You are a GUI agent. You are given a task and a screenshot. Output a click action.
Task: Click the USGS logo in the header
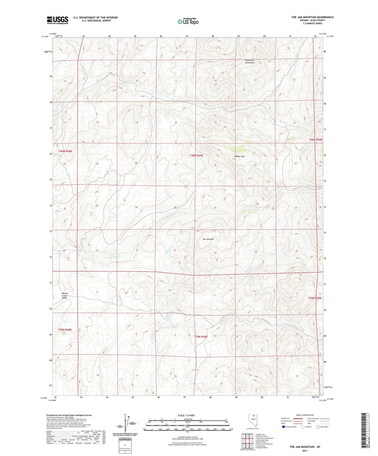click(x=57, y=20)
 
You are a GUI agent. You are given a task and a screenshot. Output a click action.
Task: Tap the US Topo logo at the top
click(x=188, y=21)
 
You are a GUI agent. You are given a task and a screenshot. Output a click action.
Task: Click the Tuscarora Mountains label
click(x=250, y=61)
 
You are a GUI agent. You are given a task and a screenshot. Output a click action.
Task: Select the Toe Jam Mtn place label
click(x=208, y=239)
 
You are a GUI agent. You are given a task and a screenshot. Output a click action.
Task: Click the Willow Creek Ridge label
click(x=65, y=296)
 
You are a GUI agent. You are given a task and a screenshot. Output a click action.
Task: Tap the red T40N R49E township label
click(x=196, y=156)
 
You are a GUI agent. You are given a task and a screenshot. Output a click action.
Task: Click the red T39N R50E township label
click(x=314, y=298)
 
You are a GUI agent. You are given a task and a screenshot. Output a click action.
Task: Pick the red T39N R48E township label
click(x=65, y=329)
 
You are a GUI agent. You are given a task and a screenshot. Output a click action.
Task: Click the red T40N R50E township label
click(x=316, y=140)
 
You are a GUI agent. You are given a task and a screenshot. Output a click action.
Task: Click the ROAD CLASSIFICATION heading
click(x=305, y=415)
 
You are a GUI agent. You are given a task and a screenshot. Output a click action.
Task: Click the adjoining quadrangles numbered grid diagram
click(x=247, y=441)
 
